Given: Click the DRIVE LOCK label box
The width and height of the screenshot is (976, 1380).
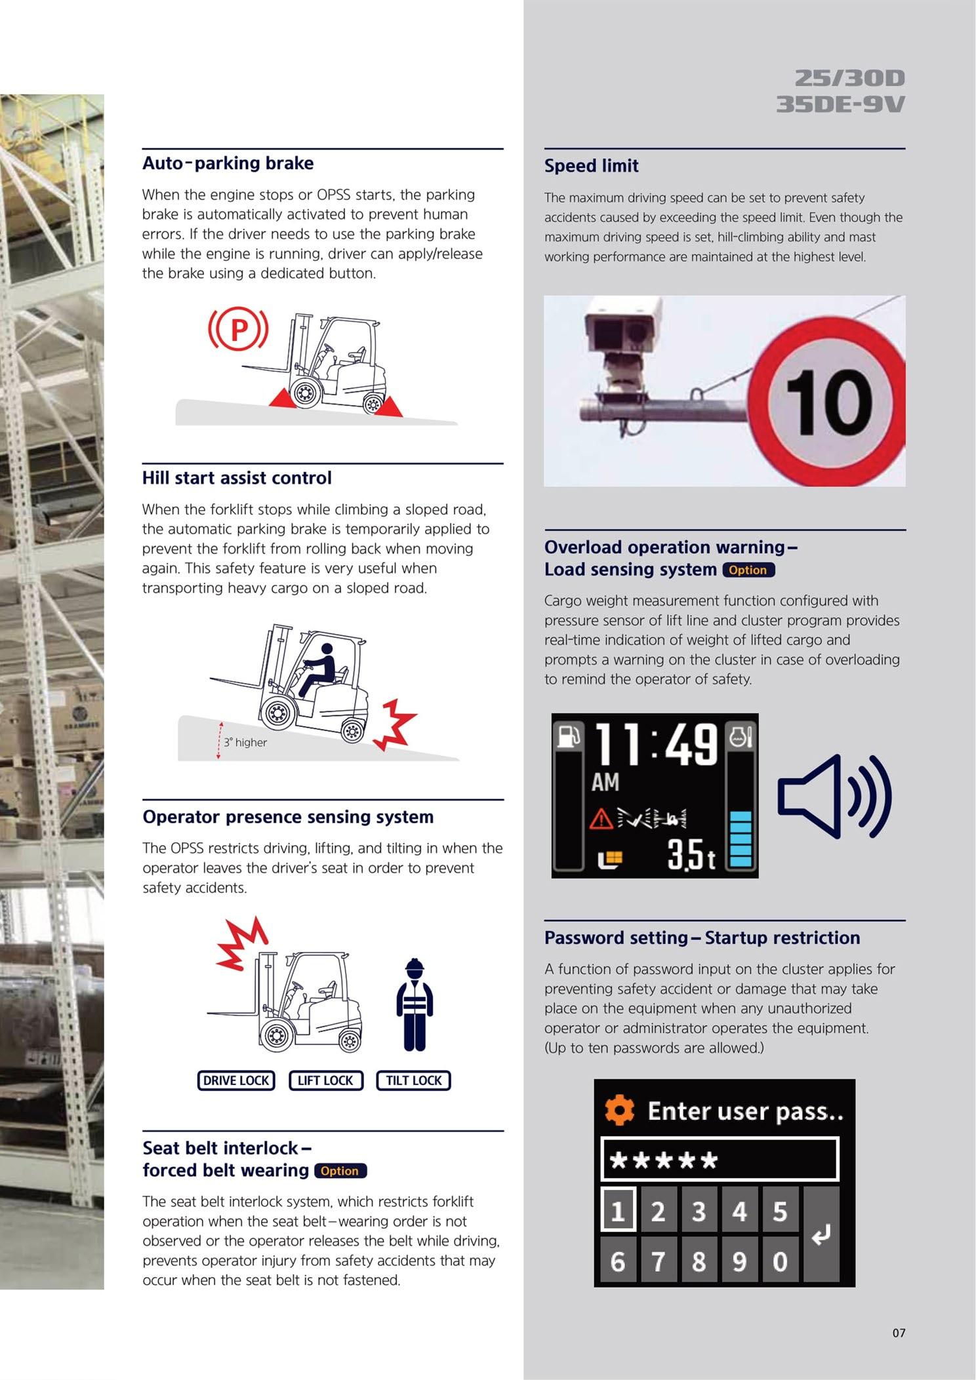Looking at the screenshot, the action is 236,1080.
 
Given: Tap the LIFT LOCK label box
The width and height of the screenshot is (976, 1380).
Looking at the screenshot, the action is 325,1080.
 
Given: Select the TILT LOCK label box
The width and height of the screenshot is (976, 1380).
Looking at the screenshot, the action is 413,1080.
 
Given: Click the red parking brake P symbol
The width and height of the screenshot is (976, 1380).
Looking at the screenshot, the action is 238,329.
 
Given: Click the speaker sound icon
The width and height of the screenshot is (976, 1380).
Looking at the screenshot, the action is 834,796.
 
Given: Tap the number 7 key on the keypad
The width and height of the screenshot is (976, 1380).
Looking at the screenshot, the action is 658,1261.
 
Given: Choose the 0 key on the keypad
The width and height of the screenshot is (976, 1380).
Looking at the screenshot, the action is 780,1261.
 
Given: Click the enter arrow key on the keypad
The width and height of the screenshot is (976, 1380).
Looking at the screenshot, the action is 821,1234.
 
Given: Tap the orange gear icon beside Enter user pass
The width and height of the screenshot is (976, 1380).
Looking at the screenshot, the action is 620,1111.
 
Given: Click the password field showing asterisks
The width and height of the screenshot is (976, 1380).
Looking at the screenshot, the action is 720,1160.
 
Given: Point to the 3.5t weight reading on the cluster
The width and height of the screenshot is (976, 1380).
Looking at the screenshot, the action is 691,855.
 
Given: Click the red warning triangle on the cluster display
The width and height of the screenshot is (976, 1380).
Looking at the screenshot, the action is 601,819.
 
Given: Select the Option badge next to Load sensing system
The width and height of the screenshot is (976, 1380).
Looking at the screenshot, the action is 748,570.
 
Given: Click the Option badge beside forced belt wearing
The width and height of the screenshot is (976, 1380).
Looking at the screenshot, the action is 340,1171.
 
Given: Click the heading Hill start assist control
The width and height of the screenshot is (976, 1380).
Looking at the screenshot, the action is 237,478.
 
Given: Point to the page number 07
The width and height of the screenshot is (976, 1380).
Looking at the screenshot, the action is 899,1332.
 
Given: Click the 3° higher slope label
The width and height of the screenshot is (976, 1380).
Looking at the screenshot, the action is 245,742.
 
